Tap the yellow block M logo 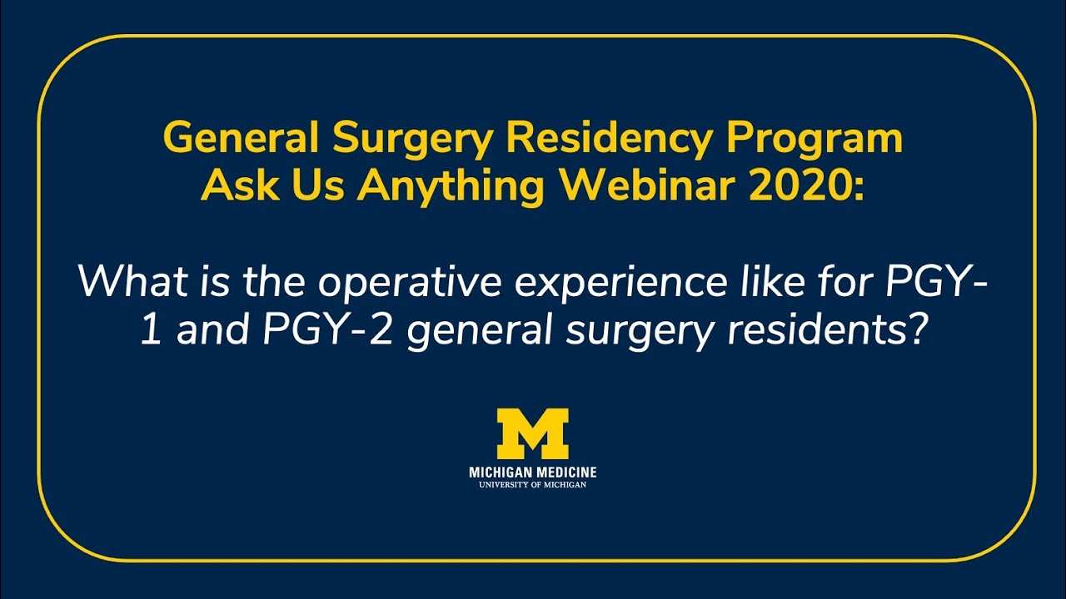coord(533,433)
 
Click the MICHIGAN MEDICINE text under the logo coord(533,473)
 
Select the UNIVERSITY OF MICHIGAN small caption coord(533,484)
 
